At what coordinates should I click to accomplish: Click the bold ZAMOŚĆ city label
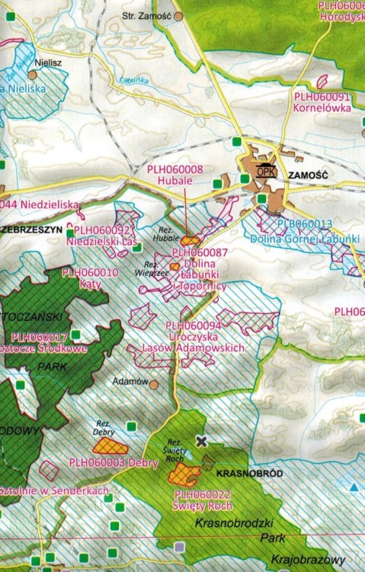click(x=308, y=175)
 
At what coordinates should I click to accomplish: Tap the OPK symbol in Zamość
click(x=265, y=171)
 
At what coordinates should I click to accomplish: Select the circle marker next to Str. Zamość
click(x=178, y=14)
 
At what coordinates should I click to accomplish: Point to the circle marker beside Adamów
click(x=153, y=384)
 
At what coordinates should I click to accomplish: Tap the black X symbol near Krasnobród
click(x=201, y=441)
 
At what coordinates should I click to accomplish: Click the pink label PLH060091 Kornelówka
click(x=322, y=102)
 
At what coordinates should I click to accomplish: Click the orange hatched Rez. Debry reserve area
click(x=107, y=445)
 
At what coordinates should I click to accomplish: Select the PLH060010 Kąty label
click(x=90, y=277)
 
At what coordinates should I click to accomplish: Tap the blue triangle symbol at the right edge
click(x=354, y=486)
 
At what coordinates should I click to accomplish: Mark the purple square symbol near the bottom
click(x=180, y=546)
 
